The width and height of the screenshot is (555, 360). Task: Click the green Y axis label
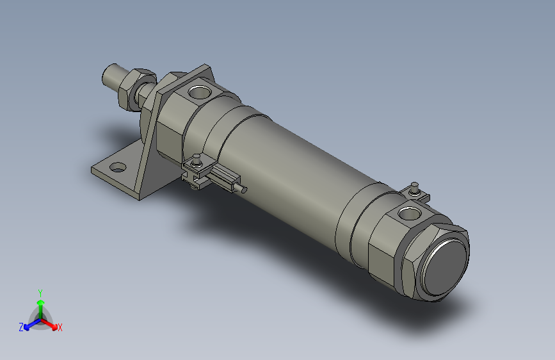pos(40,292)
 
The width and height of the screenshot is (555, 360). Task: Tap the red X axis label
pos(60,328)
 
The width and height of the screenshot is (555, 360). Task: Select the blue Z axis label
pos(21,327)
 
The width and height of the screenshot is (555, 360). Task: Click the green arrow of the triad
pos(40,304)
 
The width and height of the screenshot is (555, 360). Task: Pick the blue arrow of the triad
pos(29,323)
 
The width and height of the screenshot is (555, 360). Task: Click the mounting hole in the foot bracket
pos(117,168)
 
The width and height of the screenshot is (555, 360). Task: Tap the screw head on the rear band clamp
pos(414,186)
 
